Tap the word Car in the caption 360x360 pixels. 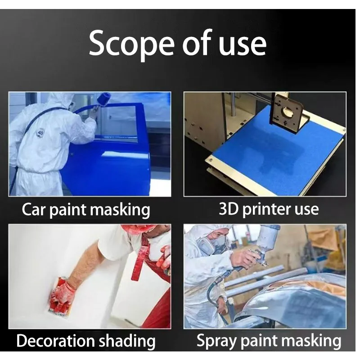tap(34, 209)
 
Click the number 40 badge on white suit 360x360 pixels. tap(40, 132)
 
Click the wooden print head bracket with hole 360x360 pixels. tap(287, 112)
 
